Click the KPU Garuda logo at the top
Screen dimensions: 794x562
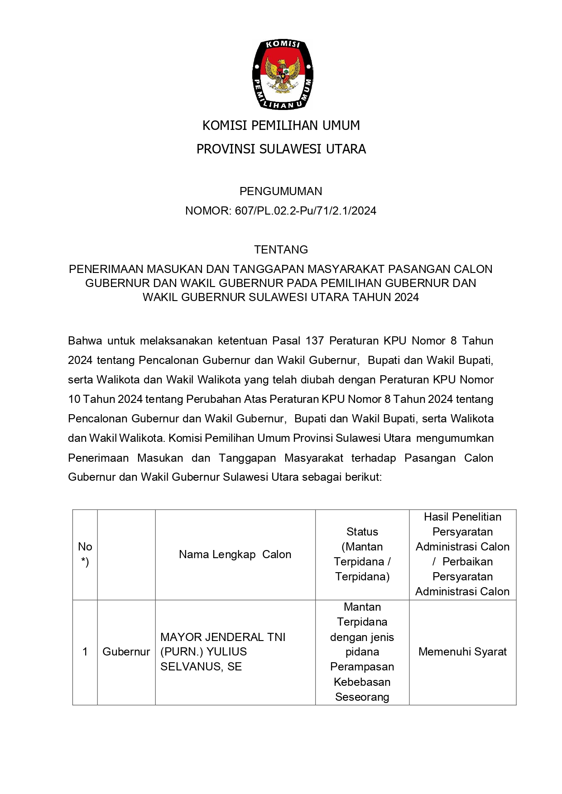point(282,75)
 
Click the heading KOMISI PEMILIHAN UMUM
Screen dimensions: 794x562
point(281,125)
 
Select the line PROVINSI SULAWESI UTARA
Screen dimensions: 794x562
point(281,149)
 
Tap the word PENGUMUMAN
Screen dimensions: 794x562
point(281,191)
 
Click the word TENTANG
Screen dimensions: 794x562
point(281,249)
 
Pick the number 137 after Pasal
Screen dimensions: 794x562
point(315,340)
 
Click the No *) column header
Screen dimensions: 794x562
point(85,554)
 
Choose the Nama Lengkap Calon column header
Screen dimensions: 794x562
point(235,555)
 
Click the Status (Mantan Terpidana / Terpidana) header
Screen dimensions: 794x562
point(362,554)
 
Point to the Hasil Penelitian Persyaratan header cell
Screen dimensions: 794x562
point(462,554)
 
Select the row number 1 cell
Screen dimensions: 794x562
point(85,652)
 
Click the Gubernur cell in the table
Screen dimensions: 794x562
point(126,652)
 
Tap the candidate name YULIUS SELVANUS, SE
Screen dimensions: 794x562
point(204,659)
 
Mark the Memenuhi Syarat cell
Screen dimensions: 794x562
point(462,652)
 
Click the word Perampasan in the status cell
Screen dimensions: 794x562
point(362,667)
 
